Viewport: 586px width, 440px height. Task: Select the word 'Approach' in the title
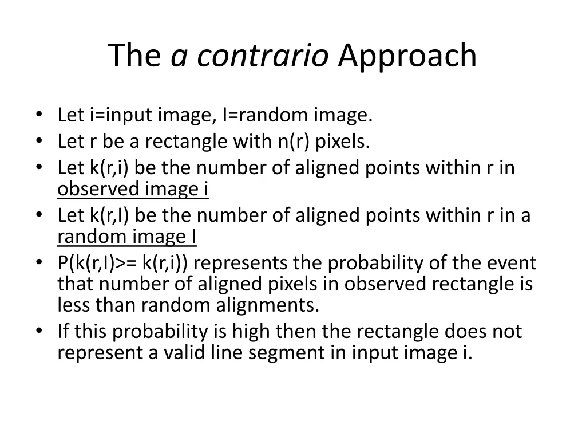[407, 56]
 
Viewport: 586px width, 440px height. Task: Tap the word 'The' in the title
[134, 56]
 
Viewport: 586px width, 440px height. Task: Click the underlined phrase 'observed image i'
[133, 189]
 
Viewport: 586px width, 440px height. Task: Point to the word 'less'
[72, 305]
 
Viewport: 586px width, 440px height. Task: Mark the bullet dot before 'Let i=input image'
[38, 116]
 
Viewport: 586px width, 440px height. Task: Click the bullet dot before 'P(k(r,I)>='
[38, 263]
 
